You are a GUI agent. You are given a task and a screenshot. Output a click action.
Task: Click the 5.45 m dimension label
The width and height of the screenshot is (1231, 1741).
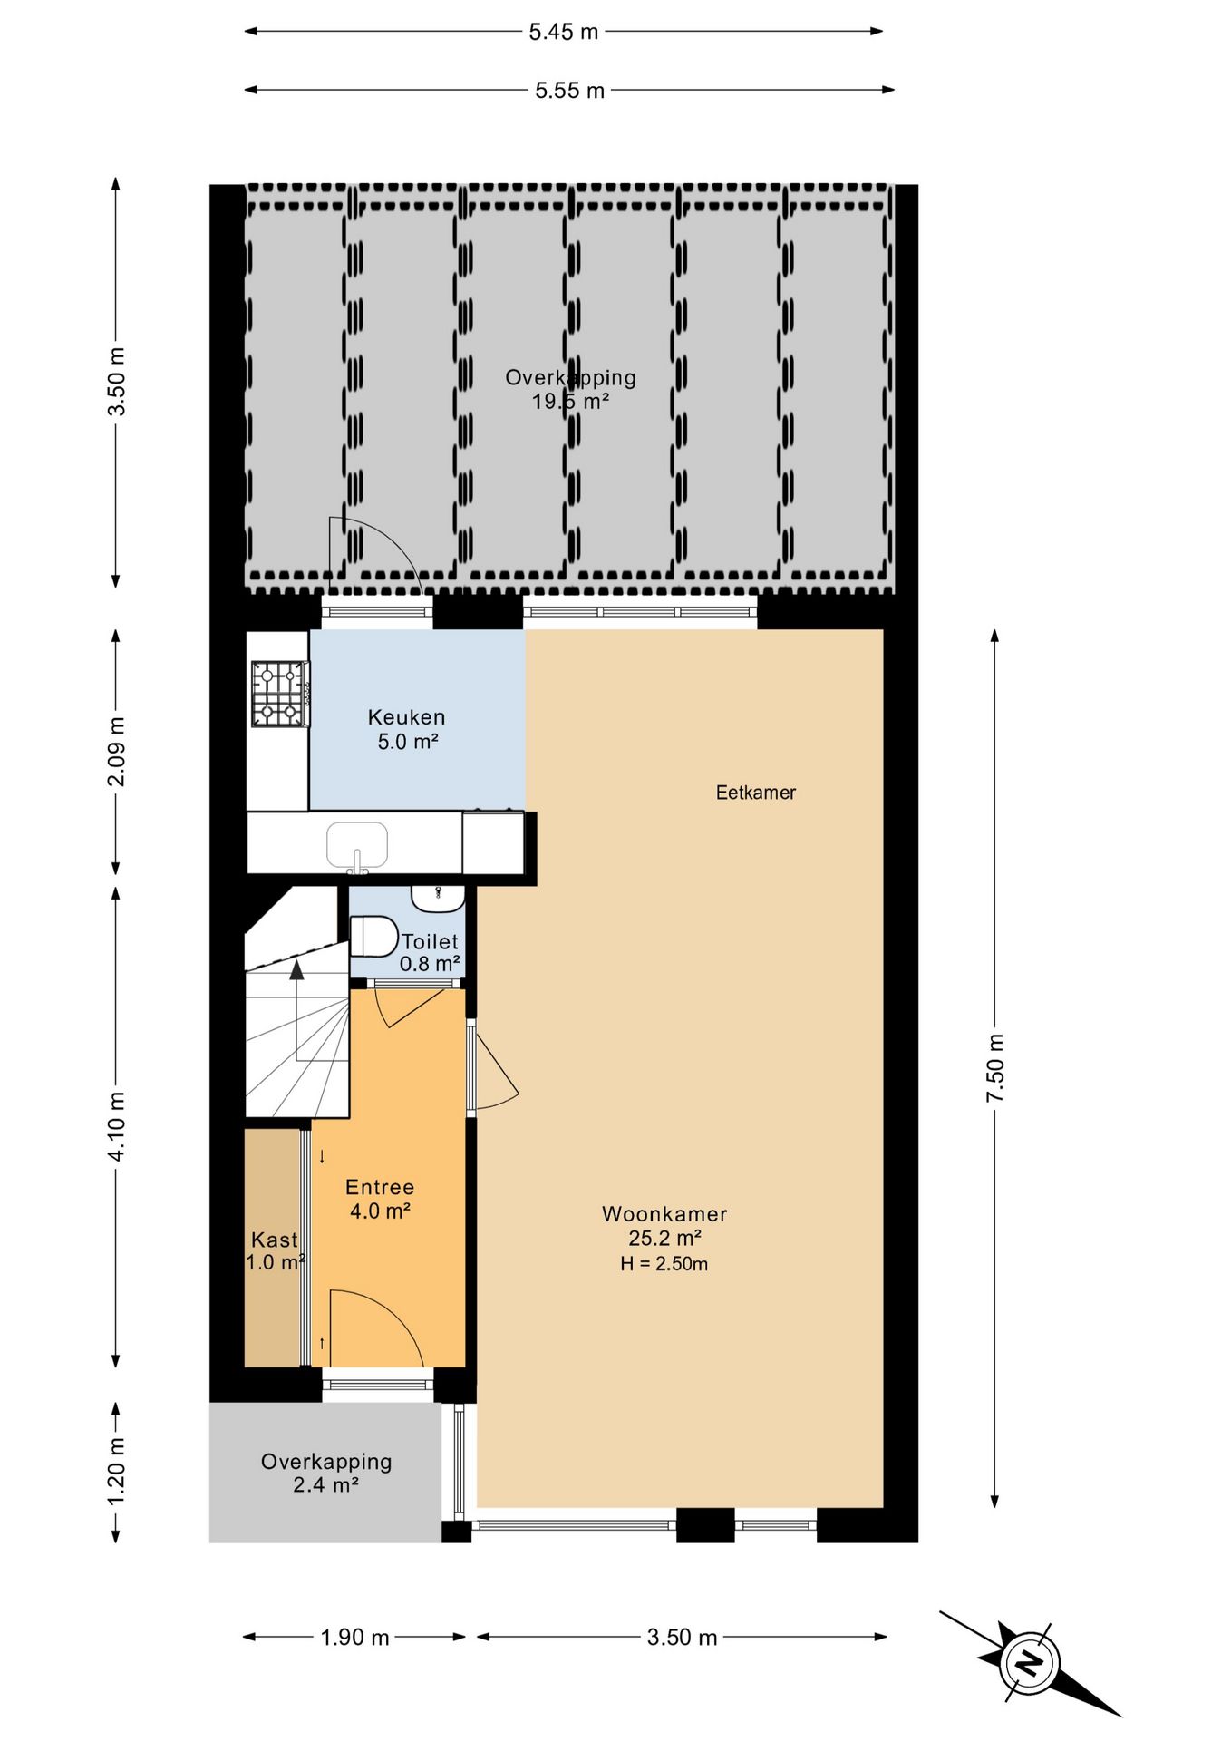(x=564, y=32)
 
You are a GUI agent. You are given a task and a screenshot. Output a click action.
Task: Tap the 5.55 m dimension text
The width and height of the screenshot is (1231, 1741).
(x=569, y=91)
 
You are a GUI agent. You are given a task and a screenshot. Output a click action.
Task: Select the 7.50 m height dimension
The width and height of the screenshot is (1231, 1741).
(x=995, y=1067)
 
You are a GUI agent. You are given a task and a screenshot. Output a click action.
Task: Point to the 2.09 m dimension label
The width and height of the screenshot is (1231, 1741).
(x=117, y=752)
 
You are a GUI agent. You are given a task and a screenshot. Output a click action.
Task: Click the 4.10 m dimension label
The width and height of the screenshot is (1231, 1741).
(x=117, y=1125)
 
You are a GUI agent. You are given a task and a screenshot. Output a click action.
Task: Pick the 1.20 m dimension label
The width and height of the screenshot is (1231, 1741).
(x=117, y=1471)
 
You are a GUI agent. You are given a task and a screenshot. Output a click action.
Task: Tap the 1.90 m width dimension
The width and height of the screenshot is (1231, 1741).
(x=354, y=1637)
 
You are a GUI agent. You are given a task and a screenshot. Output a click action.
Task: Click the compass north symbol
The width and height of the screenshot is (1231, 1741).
(x=1029, y=1663)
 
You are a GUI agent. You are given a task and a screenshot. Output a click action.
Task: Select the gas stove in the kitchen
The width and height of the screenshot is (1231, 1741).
(x=279, y=694)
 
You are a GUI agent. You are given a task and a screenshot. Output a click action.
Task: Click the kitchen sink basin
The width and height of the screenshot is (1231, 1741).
(x=357, y=845)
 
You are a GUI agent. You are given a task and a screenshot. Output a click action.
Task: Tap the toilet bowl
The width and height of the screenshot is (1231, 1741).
(x=374, y=937)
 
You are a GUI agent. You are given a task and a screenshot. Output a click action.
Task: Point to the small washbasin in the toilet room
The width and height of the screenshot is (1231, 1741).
(x=439, y=898)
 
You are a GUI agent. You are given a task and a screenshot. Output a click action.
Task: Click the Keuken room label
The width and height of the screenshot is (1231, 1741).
(x=406, y=717)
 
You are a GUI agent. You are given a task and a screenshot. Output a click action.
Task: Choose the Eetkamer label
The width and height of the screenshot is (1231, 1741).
(x=756, y=793)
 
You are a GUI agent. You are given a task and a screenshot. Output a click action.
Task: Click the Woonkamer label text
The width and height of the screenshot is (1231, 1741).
(x=664, y=1214)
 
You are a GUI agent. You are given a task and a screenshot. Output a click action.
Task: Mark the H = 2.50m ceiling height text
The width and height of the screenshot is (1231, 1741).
(x=664, y=1264)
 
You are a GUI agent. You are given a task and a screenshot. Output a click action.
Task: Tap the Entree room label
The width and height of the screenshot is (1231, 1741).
(x=380, y=1187)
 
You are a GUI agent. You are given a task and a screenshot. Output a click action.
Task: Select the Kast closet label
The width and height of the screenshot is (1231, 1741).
(x=274, y=1240)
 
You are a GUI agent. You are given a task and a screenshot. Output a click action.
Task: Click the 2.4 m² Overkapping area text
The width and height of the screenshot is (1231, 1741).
(x=325, y=1484)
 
